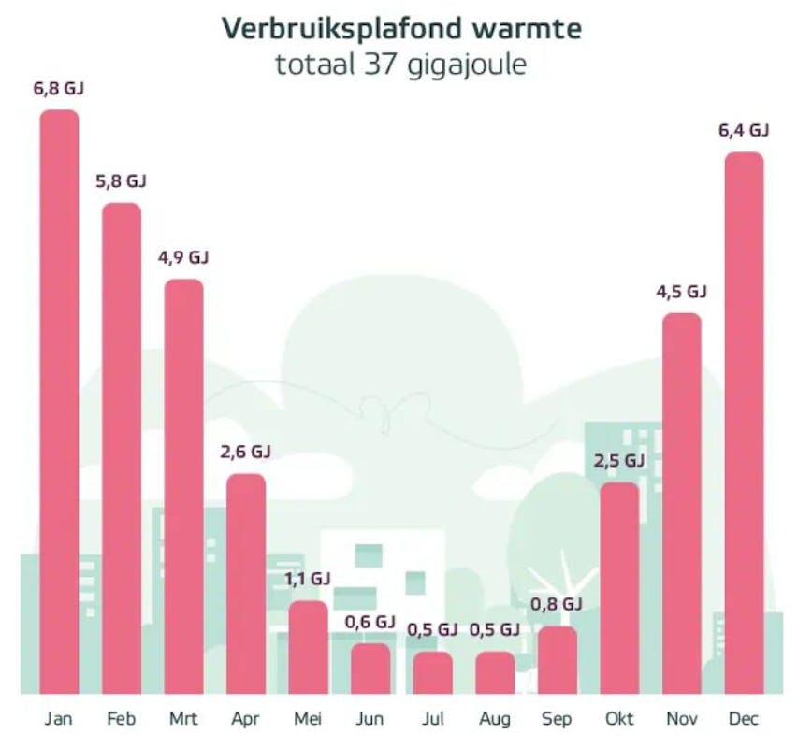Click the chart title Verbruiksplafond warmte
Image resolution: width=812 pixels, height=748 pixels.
click(401, 29)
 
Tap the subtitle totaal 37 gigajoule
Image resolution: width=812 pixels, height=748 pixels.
click(401, 66)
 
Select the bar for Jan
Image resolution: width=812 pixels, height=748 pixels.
click(59, 402)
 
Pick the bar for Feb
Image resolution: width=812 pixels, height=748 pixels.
click(122, 449)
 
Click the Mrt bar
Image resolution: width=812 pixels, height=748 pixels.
click(184, 486)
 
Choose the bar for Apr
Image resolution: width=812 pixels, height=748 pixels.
click(246, 584)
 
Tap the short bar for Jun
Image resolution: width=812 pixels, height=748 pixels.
click(370, 669)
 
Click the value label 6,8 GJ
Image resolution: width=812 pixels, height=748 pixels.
click(59, 90)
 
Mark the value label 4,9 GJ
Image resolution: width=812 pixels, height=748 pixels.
click(184, 258)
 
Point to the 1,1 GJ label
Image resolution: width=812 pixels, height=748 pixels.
click(308, 580)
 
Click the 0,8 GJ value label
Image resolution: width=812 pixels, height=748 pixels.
click(558, 605)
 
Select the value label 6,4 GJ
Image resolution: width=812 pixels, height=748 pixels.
click(744, 131)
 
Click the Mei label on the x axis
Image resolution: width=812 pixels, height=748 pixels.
click(308, 719)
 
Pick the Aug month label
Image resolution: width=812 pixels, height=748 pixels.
click(495, 719)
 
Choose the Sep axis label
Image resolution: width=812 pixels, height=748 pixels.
click(558, 719)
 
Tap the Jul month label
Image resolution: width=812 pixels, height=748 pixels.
click(433, 719)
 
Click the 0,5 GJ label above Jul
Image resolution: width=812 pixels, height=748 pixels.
click(433, 630)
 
